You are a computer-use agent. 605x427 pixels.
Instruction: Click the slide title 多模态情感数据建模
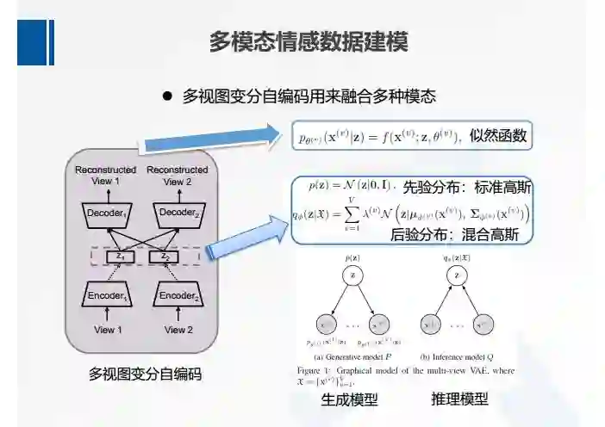point(309,41)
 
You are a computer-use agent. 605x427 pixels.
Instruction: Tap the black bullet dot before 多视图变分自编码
point(169,96)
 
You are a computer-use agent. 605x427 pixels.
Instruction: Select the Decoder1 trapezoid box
point(104,212)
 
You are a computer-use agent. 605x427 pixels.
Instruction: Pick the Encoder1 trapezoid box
point(104,296)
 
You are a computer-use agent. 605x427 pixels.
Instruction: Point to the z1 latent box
point(122,257)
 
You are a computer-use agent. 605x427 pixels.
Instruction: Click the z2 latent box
point(162,257)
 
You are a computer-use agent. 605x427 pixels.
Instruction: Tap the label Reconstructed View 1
point(104,176)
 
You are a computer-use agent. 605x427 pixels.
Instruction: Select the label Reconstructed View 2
point(177,176)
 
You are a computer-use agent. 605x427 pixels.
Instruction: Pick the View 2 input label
point(177,330)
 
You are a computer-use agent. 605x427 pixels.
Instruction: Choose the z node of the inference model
point(458,275)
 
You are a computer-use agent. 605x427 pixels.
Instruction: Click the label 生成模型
point(349,399)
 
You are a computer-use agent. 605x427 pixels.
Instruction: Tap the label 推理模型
point(459,399)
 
